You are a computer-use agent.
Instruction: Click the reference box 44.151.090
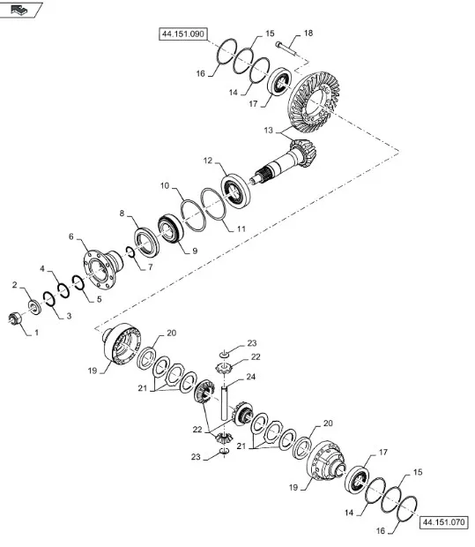[183, 34]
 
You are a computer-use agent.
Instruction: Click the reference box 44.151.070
[443, 522]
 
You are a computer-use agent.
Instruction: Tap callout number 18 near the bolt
[308, 34]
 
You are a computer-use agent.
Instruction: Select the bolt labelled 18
[286, 49]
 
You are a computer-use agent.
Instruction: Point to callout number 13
[268, 131]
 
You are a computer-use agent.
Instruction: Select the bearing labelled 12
[236, 191]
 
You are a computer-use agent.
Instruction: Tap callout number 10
[165, 185]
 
